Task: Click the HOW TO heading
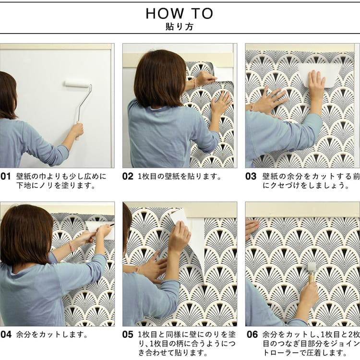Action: (x=180, y=13)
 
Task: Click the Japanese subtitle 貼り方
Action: (x=180, y=27)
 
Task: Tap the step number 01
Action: (x=6, y=176)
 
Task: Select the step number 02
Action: (x=128, y=176)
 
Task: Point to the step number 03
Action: (x=251, y=176)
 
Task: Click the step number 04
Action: (x=6, y=334)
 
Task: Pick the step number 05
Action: (x=128, y=334)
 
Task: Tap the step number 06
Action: (x=251, y=334)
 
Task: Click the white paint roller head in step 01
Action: (x=77, y=84)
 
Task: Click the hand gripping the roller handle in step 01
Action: (x=77, y=130)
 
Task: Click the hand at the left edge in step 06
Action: (x=252, y=228)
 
